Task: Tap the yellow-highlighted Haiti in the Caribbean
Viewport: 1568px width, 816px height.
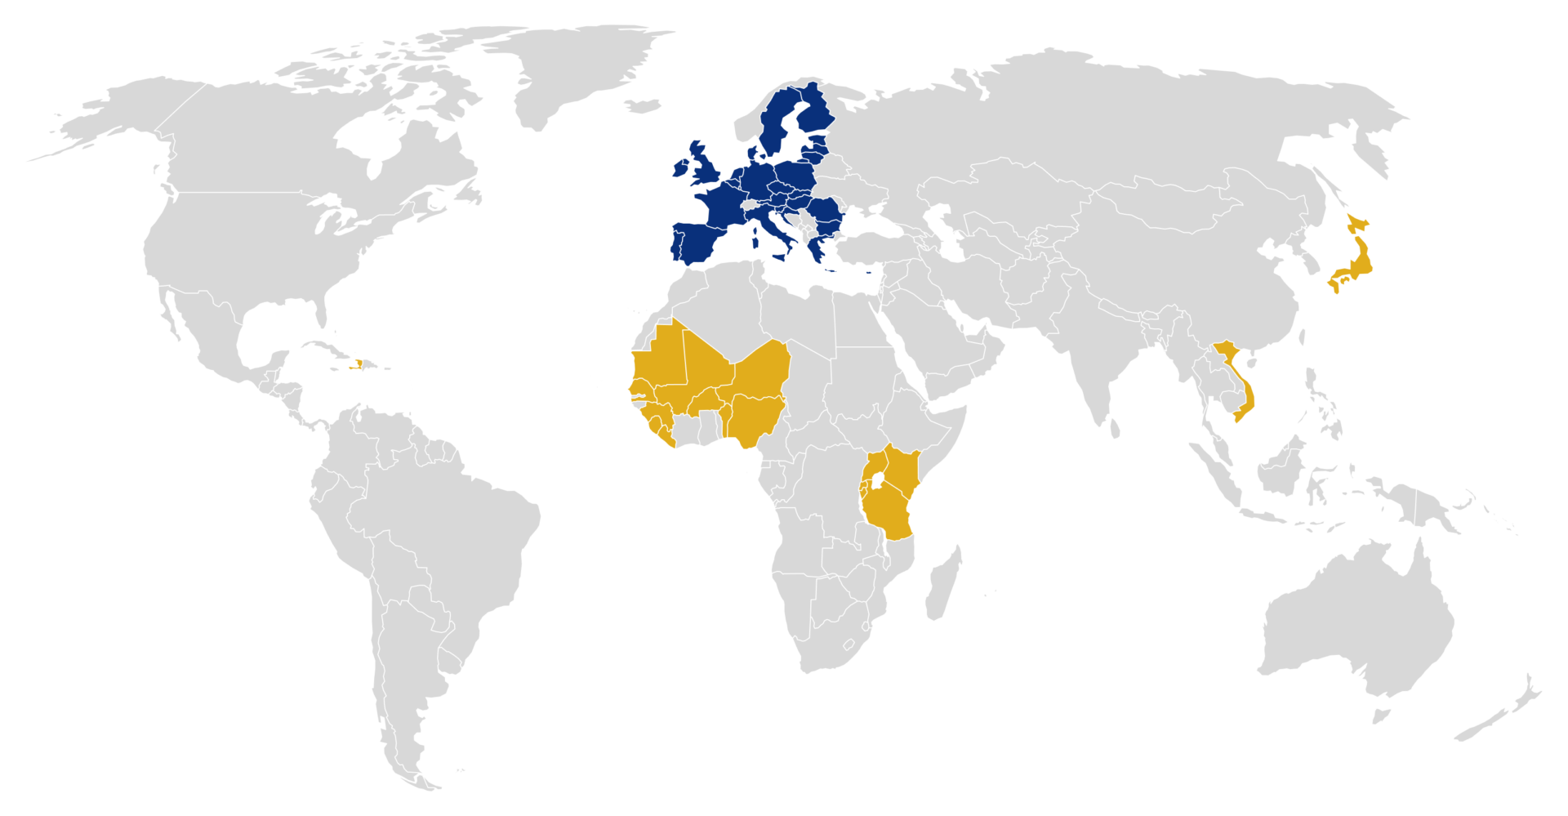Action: [358, 363]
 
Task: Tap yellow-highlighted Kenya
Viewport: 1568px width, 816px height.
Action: [902, 470]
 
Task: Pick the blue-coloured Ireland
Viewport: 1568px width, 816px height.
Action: [680, 168]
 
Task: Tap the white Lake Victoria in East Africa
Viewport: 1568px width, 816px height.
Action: [878, 482]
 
